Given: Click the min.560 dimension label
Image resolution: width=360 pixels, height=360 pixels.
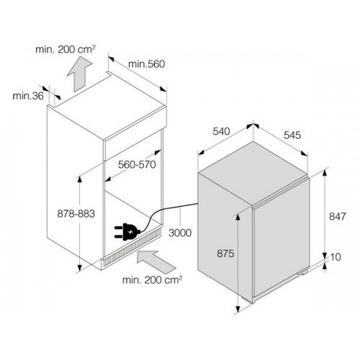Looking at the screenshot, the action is point(147,64).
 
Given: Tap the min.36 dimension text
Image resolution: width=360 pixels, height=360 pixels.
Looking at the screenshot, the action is point(28,96).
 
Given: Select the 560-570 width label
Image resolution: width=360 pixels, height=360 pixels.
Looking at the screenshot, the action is point(137,165).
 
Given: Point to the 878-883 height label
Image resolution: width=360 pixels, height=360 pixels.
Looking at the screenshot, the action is point(76,214).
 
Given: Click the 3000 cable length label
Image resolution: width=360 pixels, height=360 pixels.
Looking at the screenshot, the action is point(180,233).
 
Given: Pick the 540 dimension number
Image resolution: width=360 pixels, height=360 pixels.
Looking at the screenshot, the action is point(222,131).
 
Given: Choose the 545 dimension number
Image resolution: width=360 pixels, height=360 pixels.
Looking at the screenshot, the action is point(292,135).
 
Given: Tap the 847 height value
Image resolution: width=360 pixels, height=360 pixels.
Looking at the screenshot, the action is point(338,217).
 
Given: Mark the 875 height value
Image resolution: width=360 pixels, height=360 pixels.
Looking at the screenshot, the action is point(225,253).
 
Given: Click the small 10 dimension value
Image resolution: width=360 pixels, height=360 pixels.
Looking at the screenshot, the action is point(336,257).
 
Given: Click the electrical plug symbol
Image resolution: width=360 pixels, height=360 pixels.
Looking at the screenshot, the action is point(127,232).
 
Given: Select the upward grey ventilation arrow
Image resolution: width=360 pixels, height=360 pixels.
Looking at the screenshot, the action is point(79,74).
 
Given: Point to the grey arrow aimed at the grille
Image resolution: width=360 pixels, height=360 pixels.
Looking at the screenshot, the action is point(156,262).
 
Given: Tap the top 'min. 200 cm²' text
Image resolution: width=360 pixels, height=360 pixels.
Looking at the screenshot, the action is point(66,50).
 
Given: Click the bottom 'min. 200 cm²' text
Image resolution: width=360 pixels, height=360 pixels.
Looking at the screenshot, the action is point(152,280).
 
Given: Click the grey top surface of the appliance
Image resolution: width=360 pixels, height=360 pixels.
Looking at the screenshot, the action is point(253,173).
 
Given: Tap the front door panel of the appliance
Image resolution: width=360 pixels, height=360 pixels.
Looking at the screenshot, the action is point(282,239).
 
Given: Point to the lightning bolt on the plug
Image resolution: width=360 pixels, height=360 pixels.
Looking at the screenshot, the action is point(130,232).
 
